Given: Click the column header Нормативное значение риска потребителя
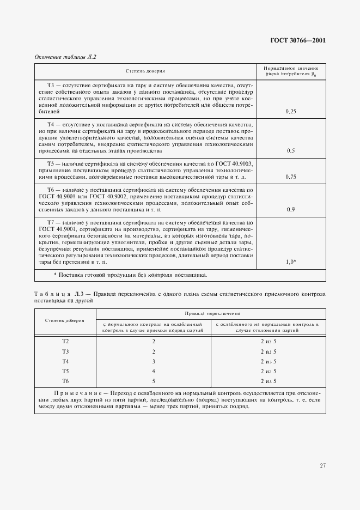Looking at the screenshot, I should pos(290,71).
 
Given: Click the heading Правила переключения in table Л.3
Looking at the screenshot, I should pos(211,314).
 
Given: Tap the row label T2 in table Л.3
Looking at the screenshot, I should pos(65,342).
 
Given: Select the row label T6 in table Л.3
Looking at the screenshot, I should pos(65,381).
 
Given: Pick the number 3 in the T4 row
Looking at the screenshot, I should pos(154,361).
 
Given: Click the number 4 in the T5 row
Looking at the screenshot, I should pos(154,371).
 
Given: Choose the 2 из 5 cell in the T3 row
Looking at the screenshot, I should pos(269,351).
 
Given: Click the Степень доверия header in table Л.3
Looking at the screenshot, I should pos(65,320).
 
